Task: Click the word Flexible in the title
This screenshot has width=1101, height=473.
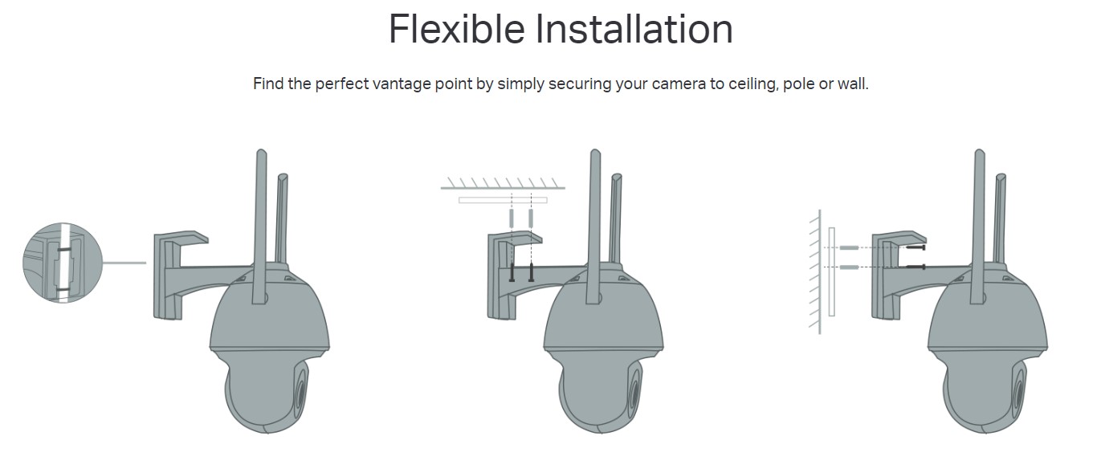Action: pos(457,29)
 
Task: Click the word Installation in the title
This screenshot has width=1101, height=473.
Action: pos(634,29)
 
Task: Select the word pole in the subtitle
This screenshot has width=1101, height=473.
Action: pos(798,84)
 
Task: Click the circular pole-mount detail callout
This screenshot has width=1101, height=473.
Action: pos(63,263)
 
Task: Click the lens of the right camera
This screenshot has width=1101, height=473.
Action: pos(1018,392)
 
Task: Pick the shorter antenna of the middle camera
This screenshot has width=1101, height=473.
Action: pos(615,219)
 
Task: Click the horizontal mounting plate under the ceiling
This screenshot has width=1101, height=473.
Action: pos(503,200)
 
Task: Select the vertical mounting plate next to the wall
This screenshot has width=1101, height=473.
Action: pos(832,272)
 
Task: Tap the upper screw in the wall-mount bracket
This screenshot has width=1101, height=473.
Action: pos(916,247)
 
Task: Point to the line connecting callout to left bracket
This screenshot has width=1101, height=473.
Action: pos(124,263)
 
